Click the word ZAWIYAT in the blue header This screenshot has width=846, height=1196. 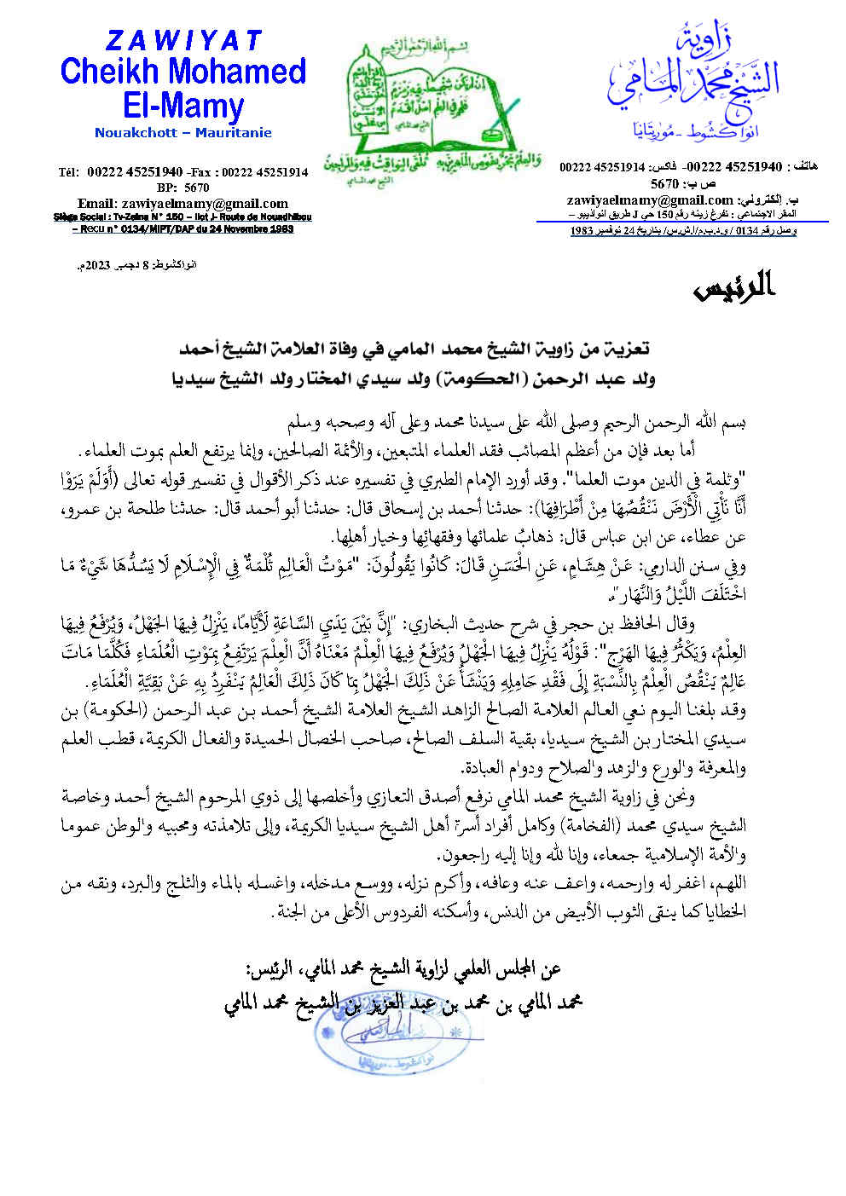point(183,40)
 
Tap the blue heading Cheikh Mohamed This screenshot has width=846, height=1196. point(183,72)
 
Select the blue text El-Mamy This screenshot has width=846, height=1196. point(183,106)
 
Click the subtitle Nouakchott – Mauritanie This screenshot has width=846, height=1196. point(183,133)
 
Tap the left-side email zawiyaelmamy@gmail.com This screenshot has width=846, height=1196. point(183,203)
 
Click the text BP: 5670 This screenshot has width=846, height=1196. point(183,188)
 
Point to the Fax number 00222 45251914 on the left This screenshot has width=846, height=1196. point(265,172)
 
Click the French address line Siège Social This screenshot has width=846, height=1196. point(183,217)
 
